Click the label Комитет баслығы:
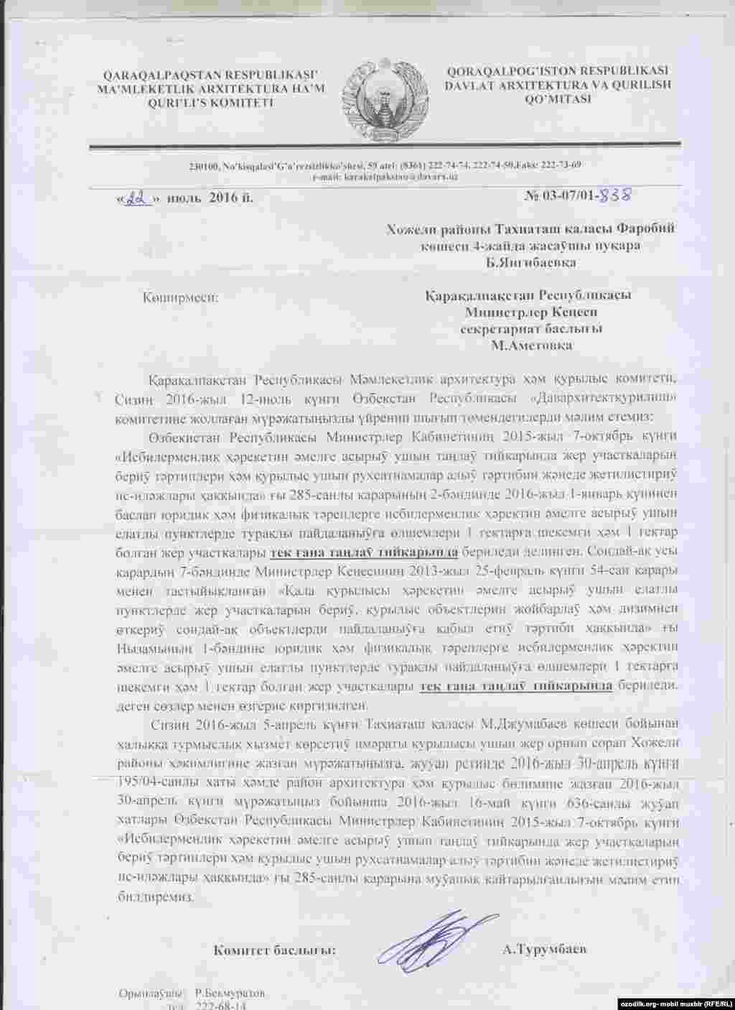coord(275,950)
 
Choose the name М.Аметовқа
coord(531,345)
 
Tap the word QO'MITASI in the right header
coord(558,98)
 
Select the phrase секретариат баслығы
coord(531,328)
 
